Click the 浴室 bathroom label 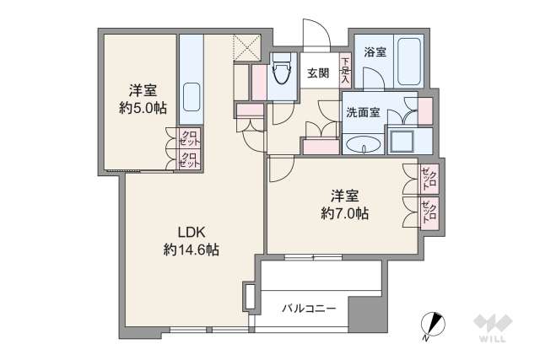coord(375,52)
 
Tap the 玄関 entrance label coord(318,73)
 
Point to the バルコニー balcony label coord(309,309)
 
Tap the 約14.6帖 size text coord(192,250)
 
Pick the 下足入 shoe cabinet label coord(344,65)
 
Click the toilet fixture coord(281,77)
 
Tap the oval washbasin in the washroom coord(363,144)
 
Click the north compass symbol coord(432,324)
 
